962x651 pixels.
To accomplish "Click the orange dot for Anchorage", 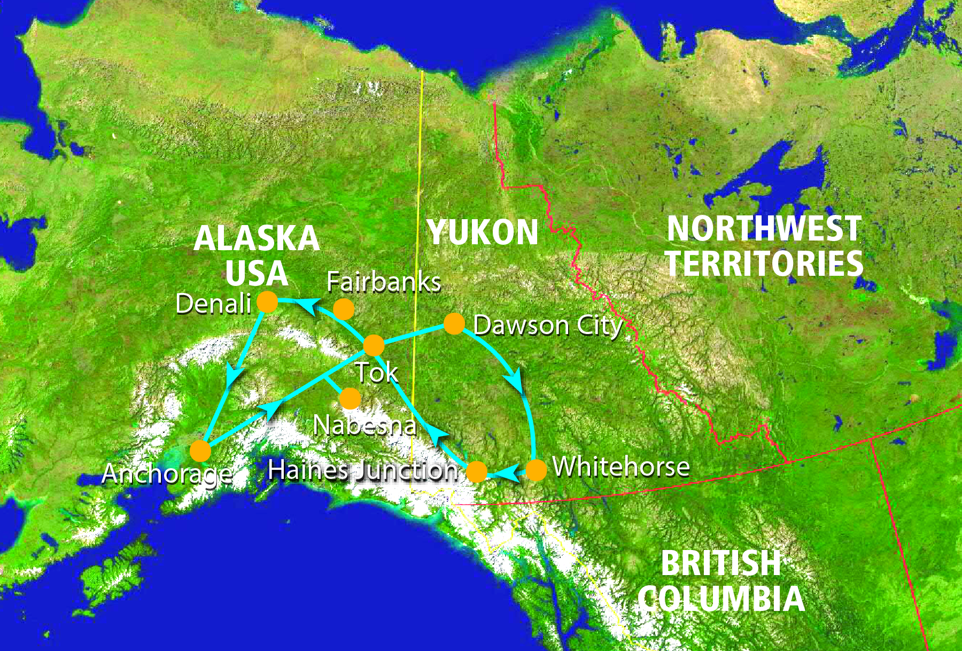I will tap(200, 451).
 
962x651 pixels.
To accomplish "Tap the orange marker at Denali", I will tap(267, 302).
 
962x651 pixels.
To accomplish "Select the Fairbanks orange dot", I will tap(344, 309).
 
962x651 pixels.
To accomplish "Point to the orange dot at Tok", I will tap(374, 345).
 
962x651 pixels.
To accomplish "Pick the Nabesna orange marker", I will tap(350, 398).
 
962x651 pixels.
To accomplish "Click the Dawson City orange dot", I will tap(454, 324).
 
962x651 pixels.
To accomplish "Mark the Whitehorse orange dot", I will tap(536, 470).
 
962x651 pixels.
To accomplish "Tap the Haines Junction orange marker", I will tap(477, 472).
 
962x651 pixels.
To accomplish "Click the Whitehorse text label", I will tap(621, 467).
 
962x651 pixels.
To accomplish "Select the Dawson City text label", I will tap(548, 325).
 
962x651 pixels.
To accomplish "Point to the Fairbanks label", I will tap(384, 282).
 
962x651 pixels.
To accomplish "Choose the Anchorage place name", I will tap(167, 474).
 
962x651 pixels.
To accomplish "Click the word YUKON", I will tap(483, 232).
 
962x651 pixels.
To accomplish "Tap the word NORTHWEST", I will tap(764, 229).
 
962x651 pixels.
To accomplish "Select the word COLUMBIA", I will tap(722, 599).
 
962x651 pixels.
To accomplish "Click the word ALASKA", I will tap(257, 238).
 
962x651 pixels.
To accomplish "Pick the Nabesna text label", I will tap(364, 425).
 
